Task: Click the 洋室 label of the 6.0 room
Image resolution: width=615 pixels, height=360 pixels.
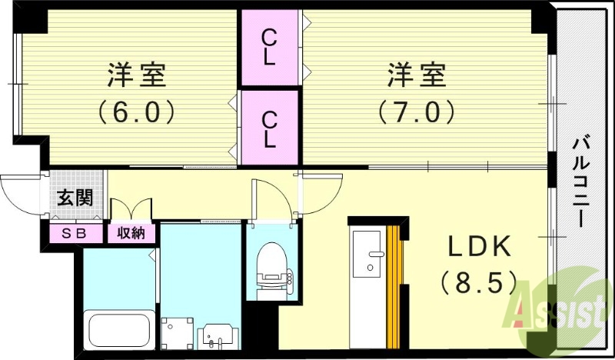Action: coord(138,78)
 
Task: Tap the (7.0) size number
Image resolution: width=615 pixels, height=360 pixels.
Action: coord(416,112)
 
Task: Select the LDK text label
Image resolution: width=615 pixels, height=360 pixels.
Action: coord(479,248)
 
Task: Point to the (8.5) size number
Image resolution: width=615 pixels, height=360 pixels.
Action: coord(479,283)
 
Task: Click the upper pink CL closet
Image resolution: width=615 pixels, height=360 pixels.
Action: coord(268,48)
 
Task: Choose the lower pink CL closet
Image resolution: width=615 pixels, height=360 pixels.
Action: coord(268,128)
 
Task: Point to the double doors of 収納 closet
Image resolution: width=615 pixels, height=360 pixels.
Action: coord(131,211)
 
